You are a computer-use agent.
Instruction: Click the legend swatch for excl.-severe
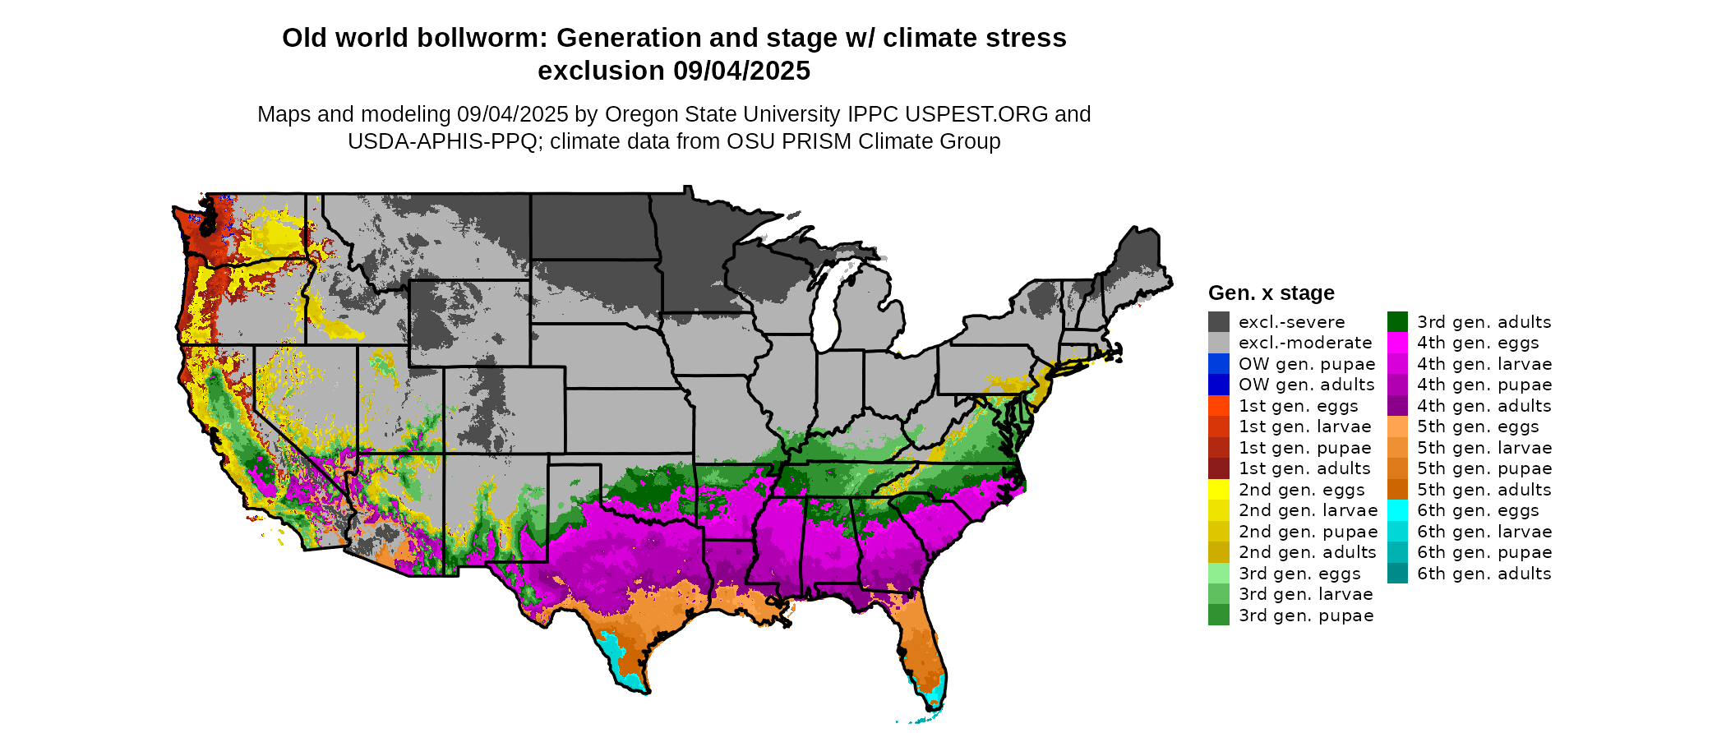pos(1219,322)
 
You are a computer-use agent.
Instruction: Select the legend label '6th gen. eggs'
pos(1478,510)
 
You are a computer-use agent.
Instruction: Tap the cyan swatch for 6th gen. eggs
pos(1397,510)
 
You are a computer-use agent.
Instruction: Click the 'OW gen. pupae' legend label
pos(1307,364)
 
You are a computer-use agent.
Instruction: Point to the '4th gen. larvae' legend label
pos(1484,364)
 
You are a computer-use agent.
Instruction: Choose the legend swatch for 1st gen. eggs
pos(1219,406)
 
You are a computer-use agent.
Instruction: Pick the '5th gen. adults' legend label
pos(1484,490)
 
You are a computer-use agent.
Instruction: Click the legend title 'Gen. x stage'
pos(1271,293)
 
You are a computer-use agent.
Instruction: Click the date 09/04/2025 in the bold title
pos(742,71)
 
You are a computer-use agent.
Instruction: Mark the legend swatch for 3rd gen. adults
pos(1397,322)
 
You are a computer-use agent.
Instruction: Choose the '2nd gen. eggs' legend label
pos(1302,490)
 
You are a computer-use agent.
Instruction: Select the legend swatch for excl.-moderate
pos(1219,343)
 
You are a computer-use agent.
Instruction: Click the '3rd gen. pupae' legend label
pos(1306,615)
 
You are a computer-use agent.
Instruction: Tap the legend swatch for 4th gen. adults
pos(1397,406)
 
